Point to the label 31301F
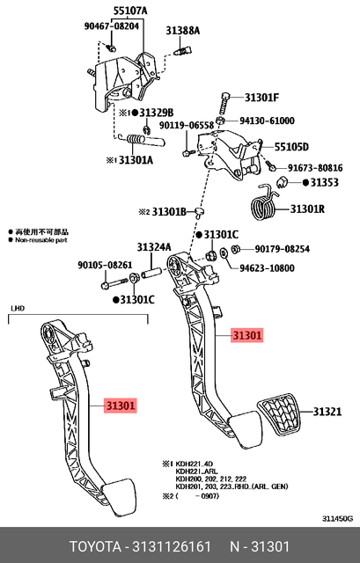coord(261,98)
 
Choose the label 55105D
coord(290,147)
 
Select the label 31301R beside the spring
coord(308,209)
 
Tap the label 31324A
coord(153,247)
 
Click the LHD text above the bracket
coord(18,310)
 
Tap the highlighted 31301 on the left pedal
coord(121,406)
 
